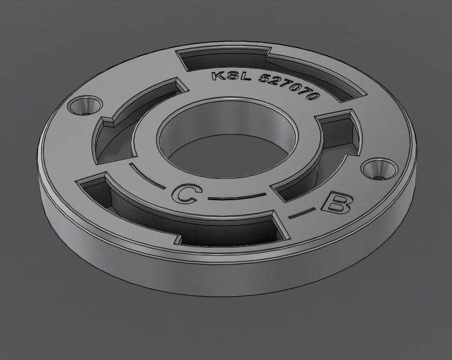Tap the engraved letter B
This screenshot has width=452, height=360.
337,203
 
